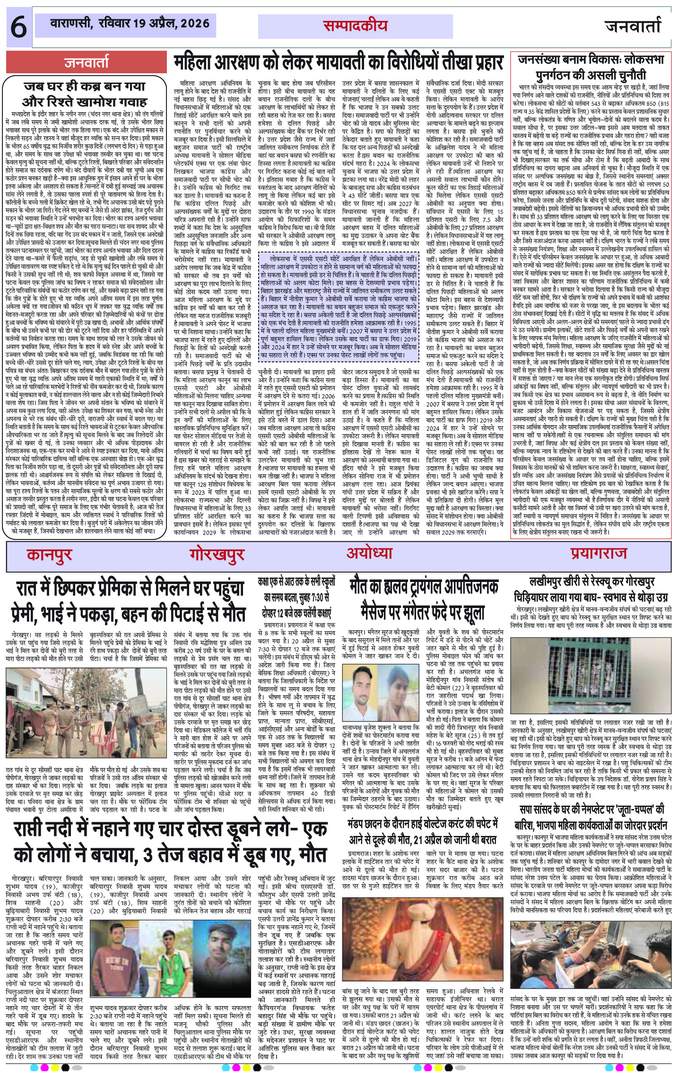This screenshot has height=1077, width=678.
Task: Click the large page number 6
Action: click(x=18, y=27)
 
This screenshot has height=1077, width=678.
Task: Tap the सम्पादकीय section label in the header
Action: click(x=355, y=26)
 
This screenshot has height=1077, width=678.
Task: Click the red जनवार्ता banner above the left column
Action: click(x=87, y=62)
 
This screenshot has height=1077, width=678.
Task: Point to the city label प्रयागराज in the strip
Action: click(x=598, y=553)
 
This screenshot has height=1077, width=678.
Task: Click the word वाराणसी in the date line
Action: click(x=71, y=22)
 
